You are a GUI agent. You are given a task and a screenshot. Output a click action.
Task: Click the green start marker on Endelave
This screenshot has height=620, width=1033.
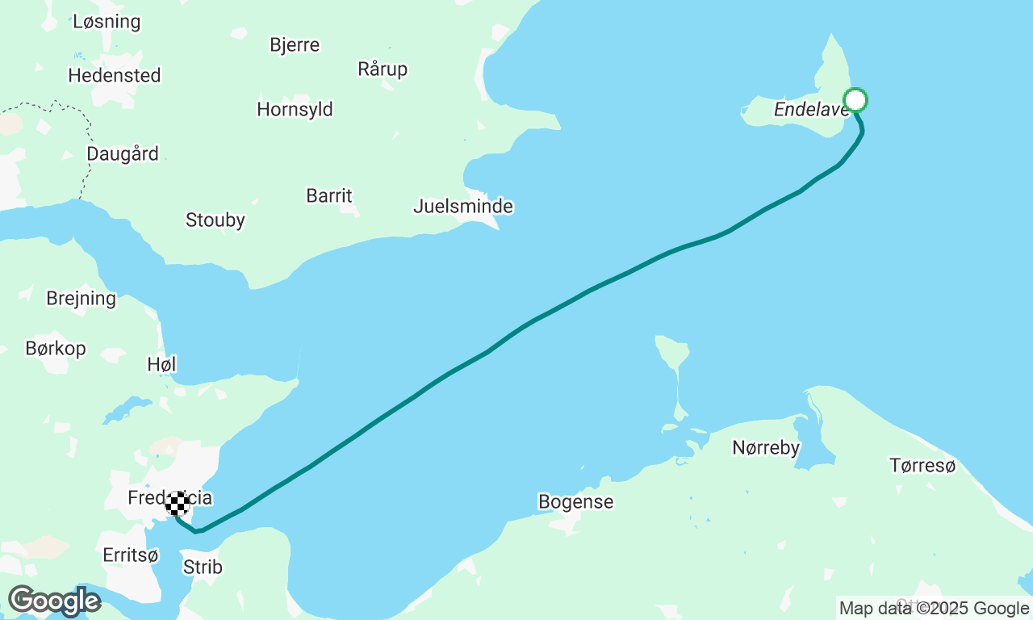(x=855, y=100)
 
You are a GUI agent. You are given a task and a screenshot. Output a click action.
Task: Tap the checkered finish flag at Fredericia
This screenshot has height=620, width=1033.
(x=178, y=503)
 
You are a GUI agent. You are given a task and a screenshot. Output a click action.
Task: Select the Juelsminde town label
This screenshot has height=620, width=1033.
(x=462, y=207)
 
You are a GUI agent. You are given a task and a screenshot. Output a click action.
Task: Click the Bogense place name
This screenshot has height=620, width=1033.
(x=575, y=502)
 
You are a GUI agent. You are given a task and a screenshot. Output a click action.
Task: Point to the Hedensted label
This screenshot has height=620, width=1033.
(x=115, y=76)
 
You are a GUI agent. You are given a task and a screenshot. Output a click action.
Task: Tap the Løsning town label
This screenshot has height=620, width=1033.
(x=107, y=22)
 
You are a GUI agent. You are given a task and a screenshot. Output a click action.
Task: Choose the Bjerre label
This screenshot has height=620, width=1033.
(x=295, y=45)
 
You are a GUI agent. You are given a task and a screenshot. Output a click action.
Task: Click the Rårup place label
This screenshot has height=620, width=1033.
(x=383, y=69)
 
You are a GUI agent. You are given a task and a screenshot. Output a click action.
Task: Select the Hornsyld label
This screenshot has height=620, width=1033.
(x=295, y=110)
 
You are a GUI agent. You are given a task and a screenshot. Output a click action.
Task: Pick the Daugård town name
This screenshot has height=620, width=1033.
(x=122, y=154)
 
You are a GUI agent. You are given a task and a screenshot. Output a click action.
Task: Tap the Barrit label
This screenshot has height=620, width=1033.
(x=329, y=196)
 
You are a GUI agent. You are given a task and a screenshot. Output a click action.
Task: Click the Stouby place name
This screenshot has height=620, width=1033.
(x=215, y=220)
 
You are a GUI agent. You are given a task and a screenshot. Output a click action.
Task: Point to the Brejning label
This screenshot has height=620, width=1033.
(x=81, y=299)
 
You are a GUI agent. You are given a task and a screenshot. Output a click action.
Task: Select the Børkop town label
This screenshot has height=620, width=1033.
(x=55, y=349)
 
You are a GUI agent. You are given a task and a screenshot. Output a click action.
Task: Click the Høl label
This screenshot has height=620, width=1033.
(x=161, y=365)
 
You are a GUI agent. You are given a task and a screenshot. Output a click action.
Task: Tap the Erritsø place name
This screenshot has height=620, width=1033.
(x=131, y=555)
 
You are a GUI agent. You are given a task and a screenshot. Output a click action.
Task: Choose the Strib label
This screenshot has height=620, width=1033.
(x=203, y=568)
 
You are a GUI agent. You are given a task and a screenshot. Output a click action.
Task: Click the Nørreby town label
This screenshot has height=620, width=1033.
(x=765, y=447)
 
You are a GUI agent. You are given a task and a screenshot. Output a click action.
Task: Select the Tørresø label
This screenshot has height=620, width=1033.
(x=922, y=465)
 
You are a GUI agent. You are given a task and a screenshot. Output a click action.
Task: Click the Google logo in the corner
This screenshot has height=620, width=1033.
(x=54, y=601)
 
